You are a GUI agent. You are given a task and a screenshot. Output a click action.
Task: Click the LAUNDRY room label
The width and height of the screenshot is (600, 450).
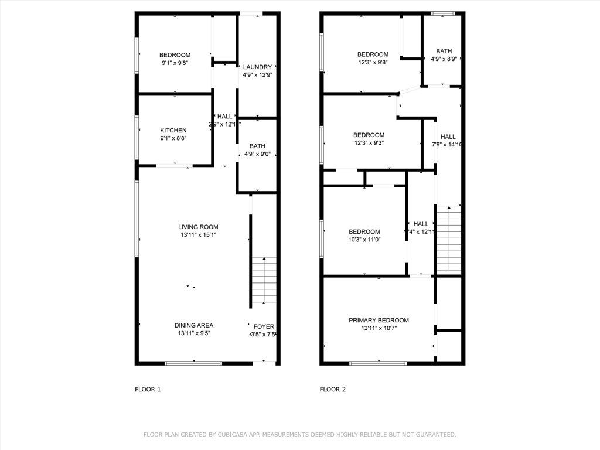point(257,67)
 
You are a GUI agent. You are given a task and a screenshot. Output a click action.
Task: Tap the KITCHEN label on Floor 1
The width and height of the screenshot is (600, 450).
point(173,130)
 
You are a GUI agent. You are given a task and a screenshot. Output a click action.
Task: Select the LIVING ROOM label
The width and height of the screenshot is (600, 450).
point(198,227)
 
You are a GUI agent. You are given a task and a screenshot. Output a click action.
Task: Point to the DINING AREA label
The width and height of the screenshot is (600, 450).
point(193,325)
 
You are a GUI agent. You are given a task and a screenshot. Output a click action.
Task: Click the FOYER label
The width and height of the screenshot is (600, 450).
point(263,326)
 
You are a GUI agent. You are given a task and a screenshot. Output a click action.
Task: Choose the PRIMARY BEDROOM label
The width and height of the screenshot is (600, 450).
point(379,320)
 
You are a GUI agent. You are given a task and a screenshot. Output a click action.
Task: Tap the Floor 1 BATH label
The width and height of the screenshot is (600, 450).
point(257,146)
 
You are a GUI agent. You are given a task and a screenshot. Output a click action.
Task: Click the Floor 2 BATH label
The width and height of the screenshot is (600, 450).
point(444,51)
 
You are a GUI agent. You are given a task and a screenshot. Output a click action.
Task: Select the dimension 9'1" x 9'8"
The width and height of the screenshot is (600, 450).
point(175,63)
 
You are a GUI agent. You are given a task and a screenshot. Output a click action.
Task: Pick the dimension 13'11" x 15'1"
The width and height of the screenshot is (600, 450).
point(198,235)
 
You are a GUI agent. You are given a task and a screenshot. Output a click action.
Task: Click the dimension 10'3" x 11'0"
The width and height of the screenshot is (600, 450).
point(364,240)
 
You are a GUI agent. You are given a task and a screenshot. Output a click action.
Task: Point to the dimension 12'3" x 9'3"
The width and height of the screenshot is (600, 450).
point(369,142)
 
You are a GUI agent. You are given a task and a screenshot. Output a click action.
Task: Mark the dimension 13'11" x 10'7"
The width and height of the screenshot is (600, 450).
point(379,328)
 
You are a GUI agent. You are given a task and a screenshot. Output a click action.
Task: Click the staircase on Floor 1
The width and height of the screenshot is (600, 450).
point(265,279)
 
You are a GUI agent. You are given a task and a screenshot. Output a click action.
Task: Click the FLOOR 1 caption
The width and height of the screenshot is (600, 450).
point(148,389)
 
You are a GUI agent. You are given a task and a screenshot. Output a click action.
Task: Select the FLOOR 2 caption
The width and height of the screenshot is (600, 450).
point(332,389)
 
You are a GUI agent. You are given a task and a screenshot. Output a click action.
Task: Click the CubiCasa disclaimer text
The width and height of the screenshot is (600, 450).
point(299,434)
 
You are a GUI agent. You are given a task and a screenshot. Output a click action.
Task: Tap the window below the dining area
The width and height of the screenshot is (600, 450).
point(193,363)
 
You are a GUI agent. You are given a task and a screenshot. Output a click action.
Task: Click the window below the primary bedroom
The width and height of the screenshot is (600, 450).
point(378,363)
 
